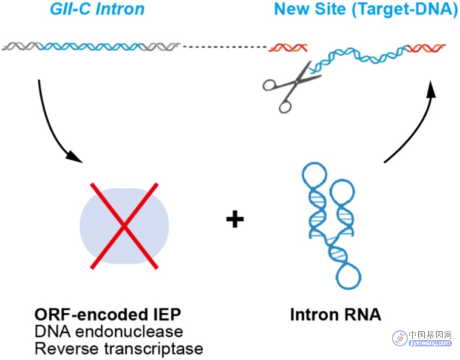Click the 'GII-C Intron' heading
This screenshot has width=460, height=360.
[x=97, y=9]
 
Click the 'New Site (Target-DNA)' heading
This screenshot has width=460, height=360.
[x=366, y=9]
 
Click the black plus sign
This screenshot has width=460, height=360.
[x=235, y=219]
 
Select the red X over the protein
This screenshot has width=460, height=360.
[x=124, y=226]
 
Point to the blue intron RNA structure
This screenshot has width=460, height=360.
[x=331, y=226]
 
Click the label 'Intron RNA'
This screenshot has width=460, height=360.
[x=336, y=315]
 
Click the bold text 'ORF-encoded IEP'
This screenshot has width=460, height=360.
[x=108, y=315]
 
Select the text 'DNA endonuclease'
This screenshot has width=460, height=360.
[x=109, y=331]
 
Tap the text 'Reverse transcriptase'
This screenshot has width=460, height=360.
[x=119, y=349]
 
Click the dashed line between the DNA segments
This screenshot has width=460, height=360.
[x=225, y=47]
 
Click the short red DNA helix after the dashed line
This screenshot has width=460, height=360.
[x=288, y=48]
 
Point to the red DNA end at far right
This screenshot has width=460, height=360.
[x=426, y=48]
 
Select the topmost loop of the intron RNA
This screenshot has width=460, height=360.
[x=314, y=174]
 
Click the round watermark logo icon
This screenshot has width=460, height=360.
[x=399, y=338]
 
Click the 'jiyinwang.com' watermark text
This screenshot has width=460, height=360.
[x=430, y=343]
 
